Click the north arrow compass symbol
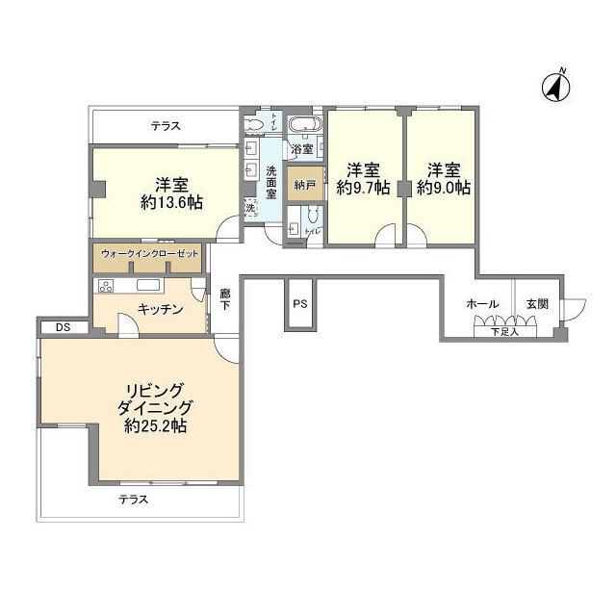[556, 86]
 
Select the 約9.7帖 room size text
[363, 189]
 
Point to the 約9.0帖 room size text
[444, 189]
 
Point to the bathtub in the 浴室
[305, 125]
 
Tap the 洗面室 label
[272, 183]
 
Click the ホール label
[481, 303]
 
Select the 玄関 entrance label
[537, 303]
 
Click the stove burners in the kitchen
[104, 286]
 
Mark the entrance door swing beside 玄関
[574, 309]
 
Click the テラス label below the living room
[134, 500]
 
